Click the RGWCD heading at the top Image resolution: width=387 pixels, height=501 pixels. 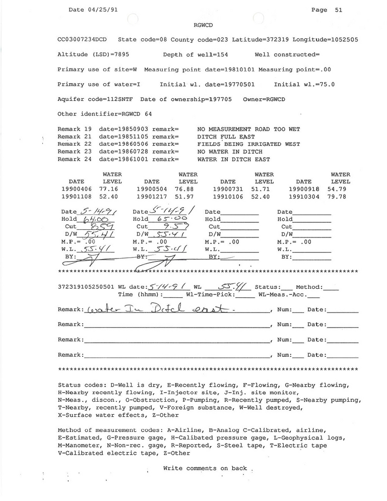203,25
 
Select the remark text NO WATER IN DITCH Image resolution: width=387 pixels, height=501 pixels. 230,152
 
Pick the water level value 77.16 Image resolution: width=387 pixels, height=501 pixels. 112,189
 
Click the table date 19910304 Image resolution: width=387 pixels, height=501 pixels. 304,196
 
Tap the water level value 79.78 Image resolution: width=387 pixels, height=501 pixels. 341,196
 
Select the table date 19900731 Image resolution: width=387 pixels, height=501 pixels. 228,189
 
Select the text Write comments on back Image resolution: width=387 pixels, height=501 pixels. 205,468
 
